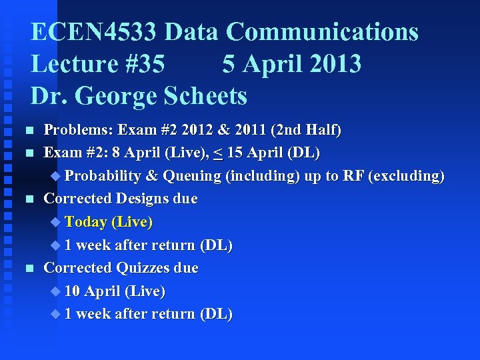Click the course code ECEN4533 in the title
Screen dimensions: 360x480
click(x=94, y=32)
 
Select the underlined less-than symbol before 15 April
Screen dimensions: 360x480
click(x=218, y=153)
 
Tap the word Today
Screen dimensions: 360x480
click(x=86, y=221)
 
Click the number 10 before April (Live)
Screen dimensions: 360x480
click(x=72, y=291)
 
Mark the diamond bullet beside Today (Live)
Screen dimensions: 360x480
click(x=55, y=221)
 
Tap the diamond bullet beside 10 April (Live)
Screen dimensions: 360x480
click(x=55, y=291)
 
